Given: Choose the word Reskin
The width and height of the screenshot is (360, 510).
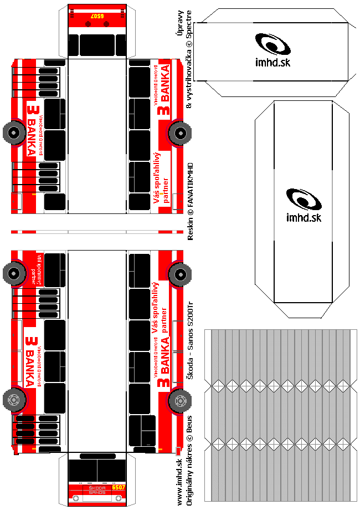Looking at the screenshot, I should [x=190, y=228].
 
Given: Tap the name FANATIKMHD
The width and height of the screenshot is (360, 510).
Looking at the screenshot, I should [x=190, y=183].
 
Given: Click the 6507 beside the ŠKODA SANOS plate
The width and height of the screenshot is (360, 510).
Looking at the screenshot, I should [x=118, y=487].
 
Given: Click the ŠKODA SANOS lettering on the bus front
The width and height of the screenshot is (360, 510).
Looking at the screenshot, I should [x=97, y=489].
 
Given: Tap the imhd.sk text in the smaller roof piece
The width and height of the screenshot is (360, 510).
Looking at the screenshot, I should [x=273, y=63].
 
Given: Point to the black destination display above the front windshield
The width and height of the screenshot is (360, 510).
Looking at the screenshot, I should [x=97, y=456].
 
